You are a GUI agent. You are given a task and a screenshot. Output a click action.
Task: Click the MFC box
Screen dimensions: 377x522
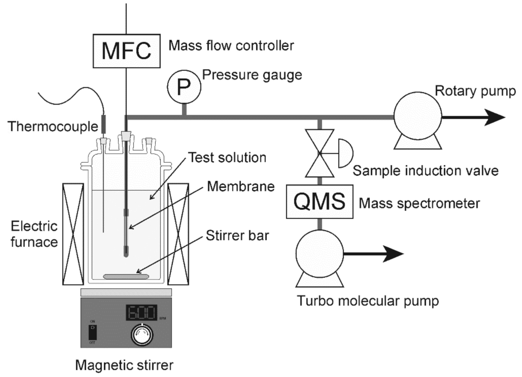pos(126,51)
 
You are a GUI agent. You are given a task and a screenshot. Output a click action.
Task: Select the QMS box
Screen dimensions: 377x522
pos(319,201)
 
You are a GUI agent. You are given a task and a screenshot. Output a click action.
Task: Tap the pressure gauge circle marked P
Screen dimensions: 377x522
pos(184,87)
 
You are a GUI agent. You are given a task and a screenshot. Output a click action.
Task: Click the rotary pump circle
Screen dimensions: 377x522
pos(418,116)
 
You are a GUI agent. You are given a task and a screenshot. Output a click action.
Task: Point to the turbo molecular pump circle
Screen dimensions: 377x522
pos(319,253)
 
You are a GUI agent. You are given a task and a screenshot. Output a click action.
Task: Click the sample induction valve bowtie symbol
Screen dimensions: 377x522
pos(320,153)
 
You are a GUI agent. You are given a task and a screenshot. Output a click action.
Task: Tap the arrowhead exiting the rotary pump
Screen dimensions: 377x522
pos(495,117)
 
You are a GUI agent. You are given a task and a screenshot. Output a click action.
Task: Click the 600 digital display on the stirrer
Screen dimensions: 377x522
pos(141,313)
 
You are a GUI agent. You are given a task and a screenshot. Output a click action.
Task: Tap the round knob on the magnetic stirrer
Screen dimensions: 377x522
pos(142,334)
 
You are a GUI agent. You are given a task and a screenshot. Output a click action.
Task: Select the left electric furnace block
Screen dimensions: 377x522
pos(73,234)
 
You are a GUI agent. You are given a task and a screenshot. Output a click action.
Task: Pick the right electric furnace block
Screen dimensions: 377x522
pos(178,234)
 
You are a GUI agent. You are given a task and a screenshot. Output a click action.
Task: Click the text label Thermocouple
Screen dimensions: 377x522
pos(53,126)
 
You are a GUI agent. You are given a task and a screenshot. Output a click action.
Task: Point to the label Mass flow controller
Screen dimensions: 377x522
pos(231,46)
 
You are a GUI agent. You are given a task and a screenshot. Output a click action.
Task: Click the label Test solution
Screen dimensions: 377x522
pos(227,157)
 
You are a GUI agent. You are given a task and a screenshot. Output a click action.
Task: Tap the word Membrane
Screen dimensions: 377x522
pos(241,186)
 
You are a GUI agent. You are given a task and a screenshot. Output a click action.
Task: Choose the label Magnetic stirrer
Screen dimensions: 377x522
pos(124,365)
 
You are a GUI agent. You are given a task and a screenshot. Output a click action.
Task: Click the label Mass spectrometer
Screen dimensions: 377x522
pos(419,203)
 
